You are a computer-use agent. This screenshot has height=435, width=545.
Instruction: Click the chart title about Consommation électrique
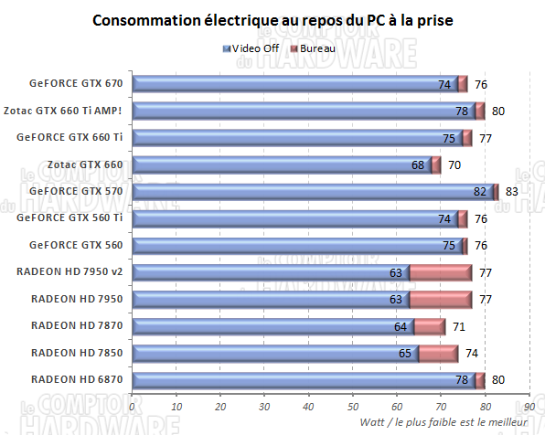tap(272, 20)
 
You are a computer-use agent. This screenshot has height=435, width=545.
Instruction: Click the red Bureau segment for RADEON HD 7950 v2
tap(440, 271)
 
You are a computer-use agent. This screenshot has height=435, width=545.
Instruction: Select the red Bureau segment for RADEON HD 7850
tap(437, 352)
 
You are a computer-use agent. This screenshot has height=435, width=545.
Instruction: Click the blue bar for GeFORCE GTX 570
tap(311, 191)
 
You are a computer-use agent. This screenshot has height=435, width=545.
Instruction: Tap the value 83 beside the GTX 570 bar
tap(512, 192)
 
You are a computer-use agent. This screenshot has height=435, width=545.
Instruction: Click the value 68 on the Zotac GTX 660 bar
tap(419, 165)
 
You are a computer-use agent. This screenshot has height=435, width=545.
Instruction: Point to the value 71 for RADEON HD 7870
tap(459, 325)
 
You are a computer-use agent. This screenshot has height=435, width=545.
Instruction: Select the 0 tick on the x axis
tap(133, 407)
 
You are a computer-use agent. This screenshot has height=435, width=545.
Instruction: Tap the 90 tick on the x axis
tap(529, 407)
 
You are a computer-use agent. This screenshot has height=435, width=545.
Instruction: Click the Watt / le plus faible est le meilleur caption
tap(443, 423)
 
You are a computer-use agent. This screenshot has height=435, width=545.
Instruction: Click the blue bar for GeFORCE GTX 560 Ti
tap(293, 218)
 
